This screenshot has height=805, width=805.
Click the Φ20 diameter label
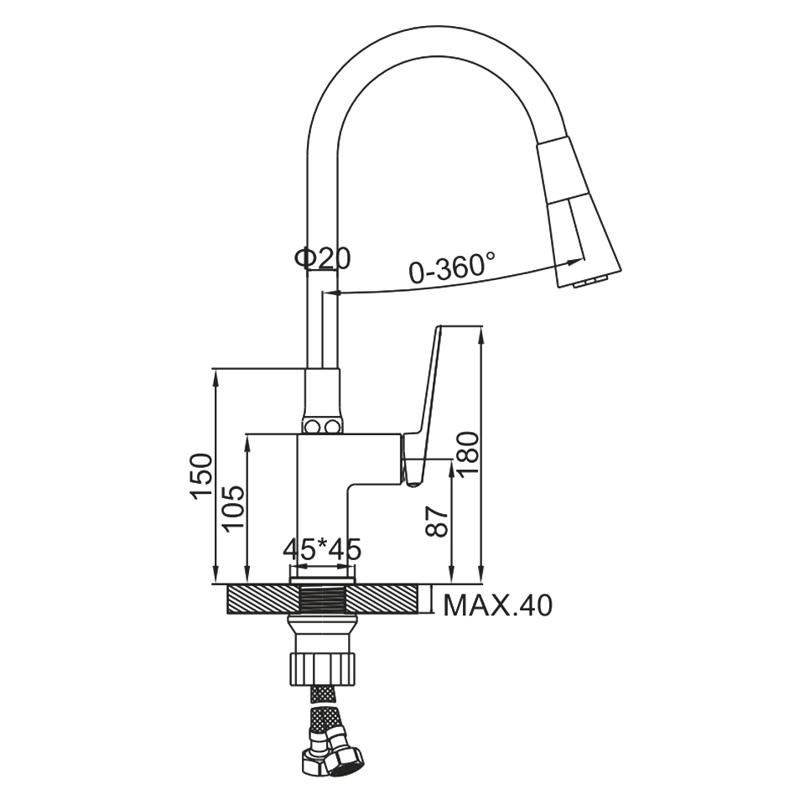pyautogui.click(x=322, y=258)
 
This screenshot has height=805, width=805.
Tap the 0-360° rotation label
pyautogui.click(x=452, y=267)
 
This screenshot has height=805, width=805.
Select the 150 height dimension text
pyautogui.click(x=200, y=476)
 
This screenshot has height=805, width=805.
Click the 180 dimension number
pyautogui.click(x=467, y=454)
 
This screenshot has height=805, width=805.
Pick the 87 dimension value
pyautogui.click(x=438, y=522)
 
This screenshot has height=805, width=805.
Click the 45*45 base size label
pyautogui.click(x=322, y=550)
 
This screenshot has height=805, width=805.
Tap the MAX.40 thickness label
pyautogui.click(x=497, y=605)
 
